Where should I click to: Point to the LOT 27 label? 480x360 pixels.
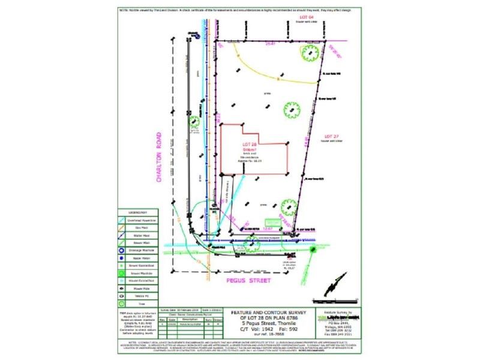click(332, 136)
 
